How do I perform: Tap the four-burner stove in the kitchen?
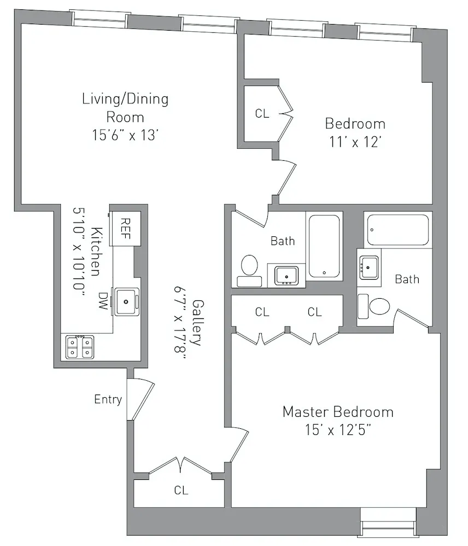(x=80, y=347)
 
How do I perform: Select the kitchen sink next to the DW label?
(x=126, y=301)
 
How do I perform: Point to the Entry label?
(x=108, y=399)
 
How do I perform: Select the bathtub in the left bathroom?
(x=324, y=246)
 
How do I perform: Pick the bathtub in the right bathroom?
(x=398, y=230)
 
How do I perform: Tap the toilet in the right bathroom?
(x=375, y=307)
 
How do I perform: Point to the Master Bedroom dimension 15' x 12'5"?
(x=338, y=430)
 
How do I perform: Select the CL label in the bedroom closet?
(x=262, y=114)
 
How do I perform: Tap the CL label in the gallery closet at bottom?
(x=181, y=491)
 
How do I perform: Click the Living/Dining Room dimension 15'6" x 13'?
(x=125, y=135)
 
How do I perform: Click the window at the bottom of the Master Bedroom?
(x=389, y=522)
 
